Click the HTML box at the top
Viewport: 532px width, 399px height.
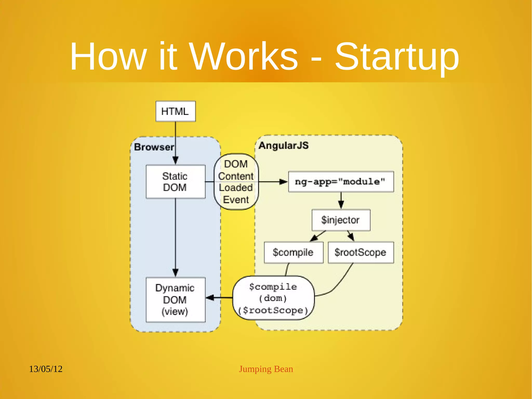(x=176, y=111)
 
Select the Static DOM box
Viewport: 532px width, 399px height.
(x=176, y=182)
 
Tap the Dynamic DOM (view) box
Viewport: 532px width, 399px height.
(x=176, y=300)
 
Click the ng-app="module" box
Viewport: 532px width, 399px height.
(x=341, y=182)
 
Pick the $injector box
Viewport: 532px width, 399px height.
(x=341, y=220)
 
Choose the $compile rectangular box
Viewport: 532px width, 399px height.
(x=294, y=252)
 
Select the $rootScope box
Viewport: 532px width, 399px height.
(x=361, y=252)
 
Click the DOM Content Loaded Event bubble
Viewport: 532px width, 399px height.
(x=236, y=182)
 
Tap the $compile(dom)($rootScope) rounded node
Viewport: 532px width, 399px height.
(x=274, y=298)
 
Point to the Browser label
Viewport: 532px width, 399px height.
(x=154, y=147)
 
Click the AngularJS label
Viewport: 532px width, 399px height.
(x=284, y=146)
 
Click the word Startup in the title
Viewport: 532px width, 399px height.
(x=397, y=57)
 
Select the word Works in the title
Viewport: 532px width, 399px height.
(x=243, y=57)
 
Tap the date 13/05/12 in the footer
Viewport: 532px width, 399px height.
(x=46, y=369)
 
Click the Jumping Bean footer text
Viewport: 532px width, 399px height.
(x=266, y=369)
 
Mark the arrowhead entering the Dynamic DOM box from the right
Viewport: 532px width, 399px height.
(x=210, y=298)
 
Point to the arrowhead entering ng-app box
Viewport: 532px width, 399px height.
(x=283, y=182)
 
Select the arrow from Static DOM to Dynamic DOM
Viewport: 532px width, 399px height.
(x=176, y=237)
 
